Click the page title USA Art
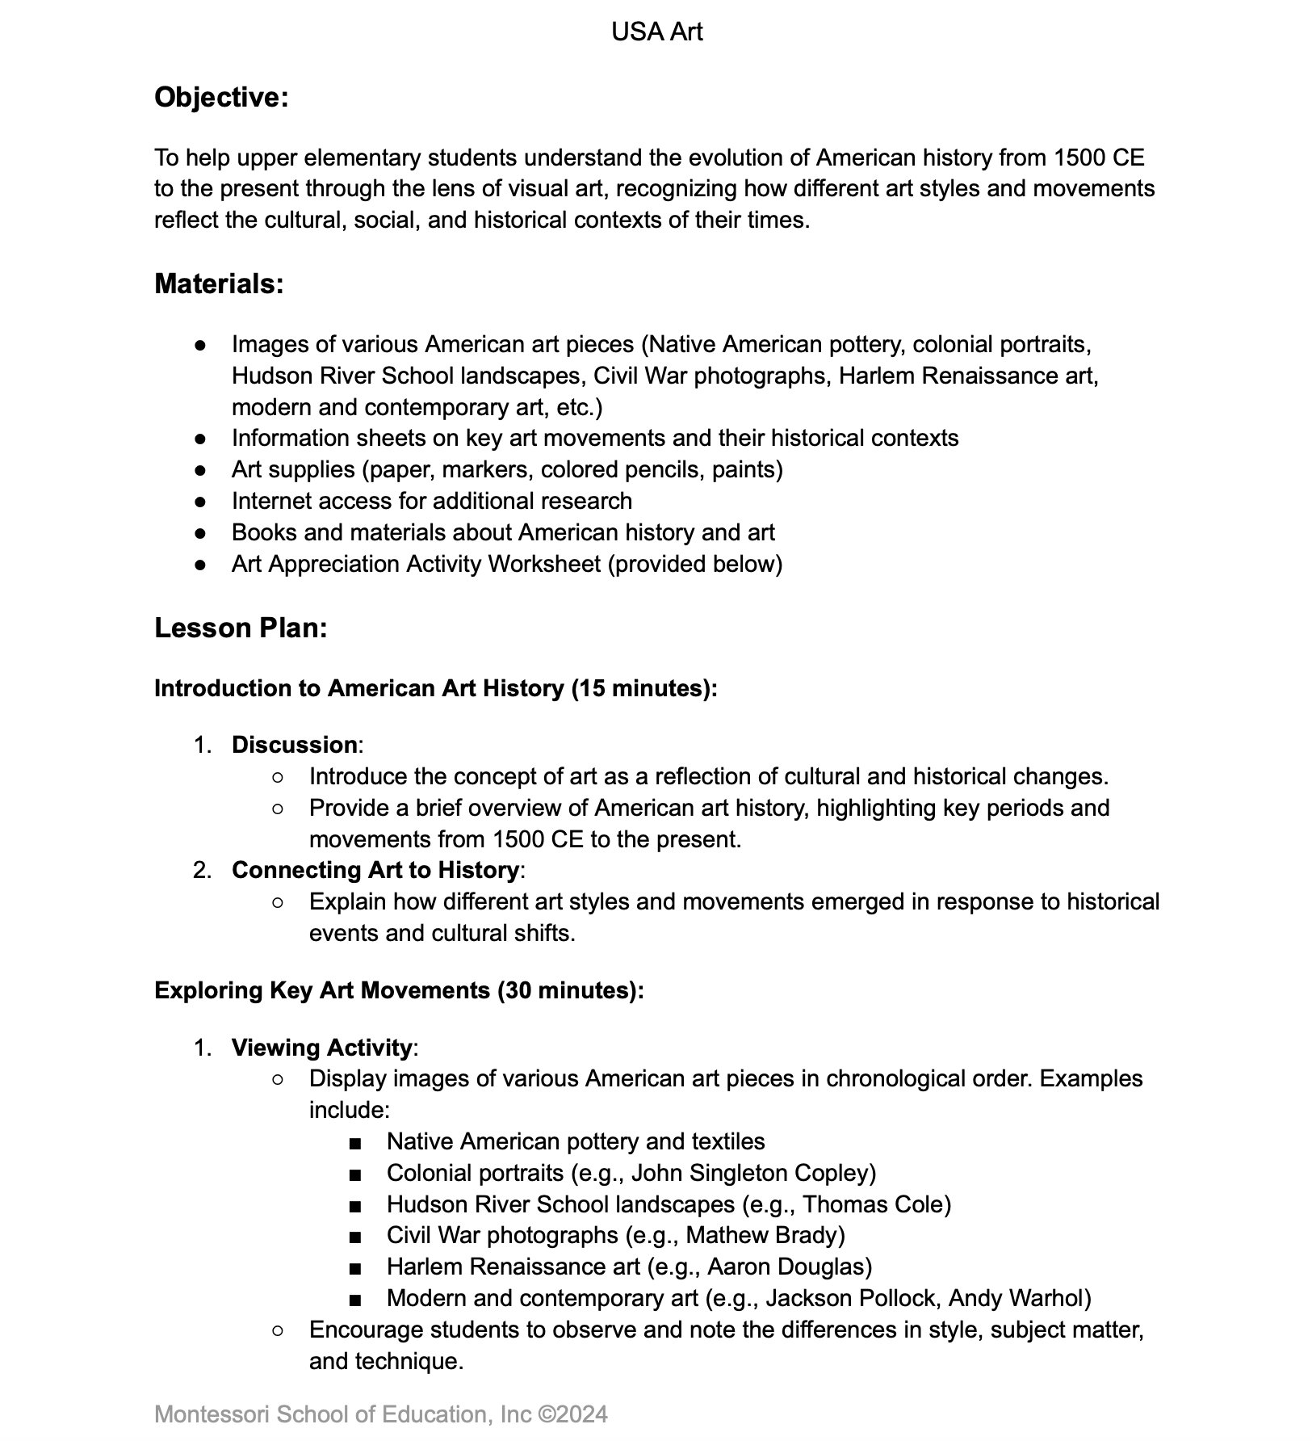tap(656, 32)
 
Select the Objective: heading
tap(221, 98)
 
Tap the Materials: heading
tap(219, 284)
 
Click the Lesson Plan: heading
tap(241, 628)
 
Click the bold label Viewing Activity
tap(321, 1048)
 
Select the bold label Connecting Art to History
tap(375, 870)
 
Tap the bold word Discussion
tap(294, 745)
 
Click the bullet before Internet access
tap(200, 502)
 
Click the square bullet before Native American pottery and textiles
tap(355, 1143)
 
